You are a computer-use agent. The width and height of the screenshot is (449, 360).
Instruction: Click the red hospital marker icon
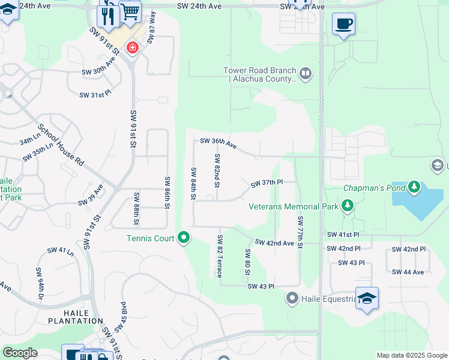[131, 48]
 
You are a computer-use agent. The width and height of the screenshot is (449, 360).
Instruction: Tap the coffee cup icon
[343, 24]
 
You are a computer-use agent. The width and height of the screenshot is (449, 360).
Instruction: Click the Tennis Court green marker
[184, 238]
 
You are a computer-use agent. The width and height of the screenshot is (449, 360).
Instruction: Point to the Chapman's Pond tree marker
[414, 188]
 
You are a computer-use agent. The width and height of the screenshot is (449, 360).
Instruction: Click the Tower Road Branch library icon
[306, 74]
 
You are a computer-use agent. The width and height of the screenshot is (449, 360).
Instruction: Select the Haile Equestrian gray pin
[292, 298]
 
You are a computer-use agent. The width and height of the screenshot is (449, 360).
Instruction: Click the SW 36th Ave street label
[218, 142]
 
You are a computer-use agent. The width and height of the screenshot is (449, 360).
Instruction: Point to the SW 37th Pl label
[267, 182]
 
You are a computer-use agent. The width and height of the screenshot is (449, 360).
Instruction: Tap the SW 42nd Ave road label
[274, 242]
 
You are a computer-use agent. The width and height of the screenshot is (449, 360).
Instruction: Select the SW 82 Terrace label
[219, 256]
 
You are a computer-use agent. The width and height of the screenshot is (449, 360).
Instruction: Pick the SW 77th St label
[300, 230]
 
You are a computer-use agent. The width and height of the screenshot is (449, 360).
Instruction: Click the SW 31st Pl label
[96, 95]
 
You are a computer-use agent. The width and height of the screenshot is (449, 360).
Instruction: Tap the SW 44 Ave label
[408, 272]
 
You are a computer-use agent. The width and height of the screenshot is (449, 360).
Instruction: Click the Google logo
[20, 353]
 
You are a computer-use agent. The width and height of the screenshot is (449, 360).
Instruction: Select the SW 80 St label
[247, 262]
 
